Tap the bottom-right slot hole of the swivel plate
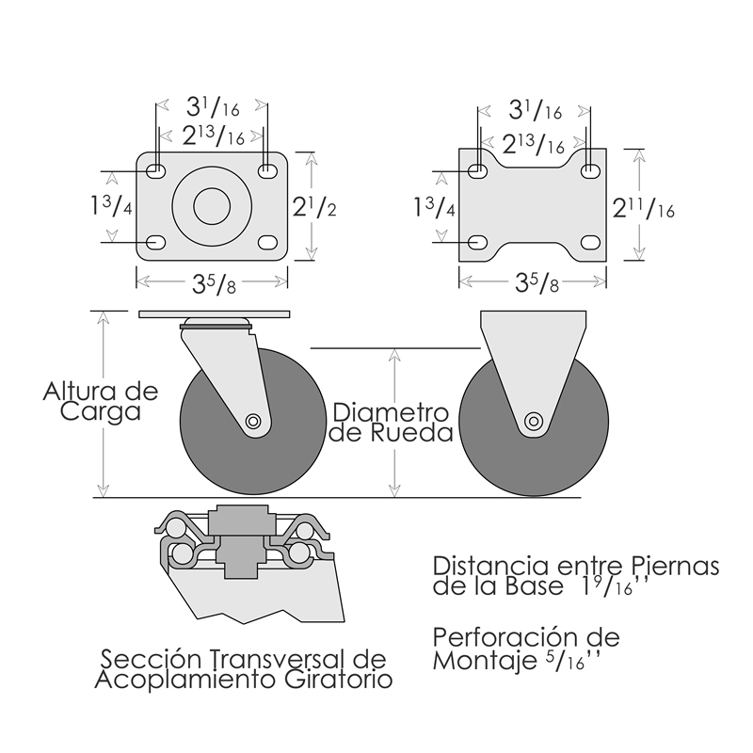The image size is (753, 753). pyautogui.click(x=267, y=242)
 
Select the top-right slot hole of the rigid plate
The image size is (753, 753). pyautogui.click(x=591, y=171)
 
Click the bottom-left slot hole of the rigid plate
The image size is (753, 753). pyautogui.click(x=478, y=242)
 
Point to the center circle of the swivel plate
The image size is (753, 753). pyautogui.click(x=213, y=206)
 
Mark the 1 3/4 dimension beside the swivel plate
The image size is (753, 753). pyautogui.click(x=111, y=206)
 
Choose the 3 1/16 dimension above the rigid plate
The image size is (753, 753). pyautogui.click(x=535, y=110)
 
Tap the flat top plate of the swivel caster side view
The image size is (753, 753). pyautogui.click(x=214, y=313)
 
